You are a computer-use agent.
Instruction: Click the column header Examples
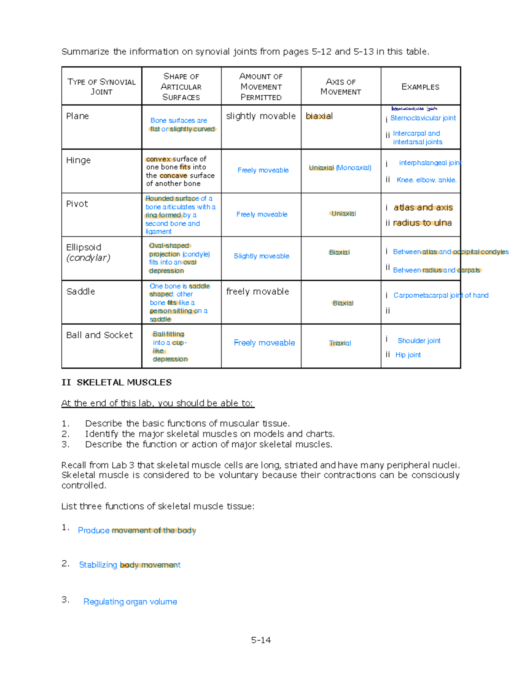coord(420,87)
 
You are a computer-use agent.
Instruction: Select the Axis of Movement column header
coord(341,87)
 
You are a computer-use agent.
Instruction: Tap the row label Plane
coord(77,116)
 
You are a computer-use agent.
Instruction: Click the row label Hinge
coord(78,160)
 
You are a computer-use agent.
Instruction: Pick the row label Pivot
coord(77,204)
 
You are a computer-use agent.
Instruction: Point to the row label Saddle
coord(80,292)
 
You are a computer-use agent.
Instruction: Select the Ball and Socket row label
coord(99,335)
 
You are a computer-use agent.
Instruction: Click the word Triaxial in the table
coord(340,343)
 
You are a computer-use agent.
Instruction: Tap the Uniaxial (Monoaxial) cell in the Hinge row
coord(340,168)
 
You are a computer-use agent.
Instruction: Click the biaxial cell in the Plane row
coord(319,116)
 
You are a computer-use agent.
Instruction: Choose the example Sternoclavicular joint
coord(423,118)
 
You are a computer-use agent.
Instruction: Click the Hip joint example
coord(408,355)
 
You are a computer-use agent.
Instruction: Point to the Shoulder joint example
coord(419,341)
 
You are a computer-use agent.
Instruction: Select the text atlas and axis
coord(423,208)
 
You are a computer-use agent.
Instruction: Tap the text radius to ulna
coord(422,223)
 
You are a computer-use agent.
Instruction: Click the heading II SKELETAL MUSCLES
coord(117,382)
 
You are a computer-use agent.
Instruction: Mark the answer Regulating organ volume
coord(130,602)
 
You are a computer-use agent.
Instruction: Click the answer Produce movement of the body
coord(137,531)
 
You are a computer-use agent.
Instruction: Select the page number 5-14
coord(261,640)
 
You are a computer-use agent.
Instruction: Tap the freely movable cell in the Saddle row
coord(258,292)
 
